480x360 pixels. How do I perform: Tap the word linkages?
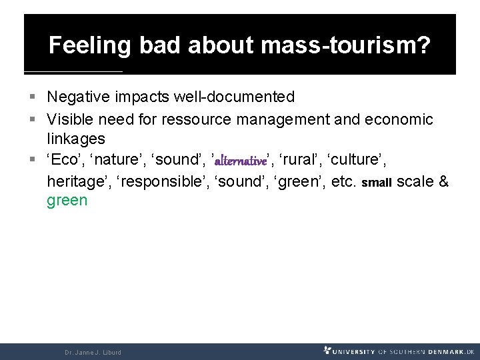[x=75, y=139]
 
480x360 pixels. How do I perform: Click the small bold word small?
[x=377, y=183]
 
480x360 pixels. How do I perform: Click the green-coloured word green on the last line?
[x=67, y=201]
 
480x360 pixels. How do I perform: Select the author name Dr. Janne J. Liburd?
[x=93, y=351]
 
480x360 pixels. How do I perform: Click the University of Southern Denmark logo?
[x=398, y=351]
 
